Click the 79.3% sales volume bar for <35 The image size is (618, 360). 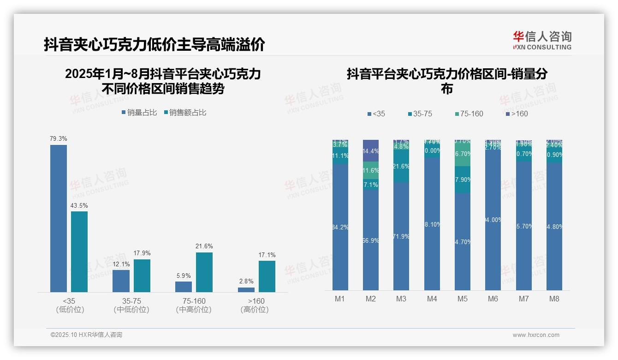[x=59, y=218]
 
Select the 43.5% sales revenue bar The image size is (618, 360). [x=79, y=252]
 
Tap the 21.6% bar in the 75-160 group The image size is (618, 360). [x=204, y=272]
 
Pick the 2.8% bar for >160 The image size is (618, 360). [x=246, y=289]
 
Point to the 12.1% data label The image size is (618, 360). [x=121, y=264]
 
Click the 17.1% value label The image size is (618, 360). [x=267, y=255]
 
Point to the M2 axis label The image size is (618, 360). [x=371, y=299]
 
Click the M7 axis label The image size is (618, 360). [x=523, y=299]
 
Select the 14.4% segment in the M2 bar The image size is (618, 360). [x=371, y=151]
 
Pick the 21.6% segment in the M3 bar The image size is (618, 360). [x=401, y=166]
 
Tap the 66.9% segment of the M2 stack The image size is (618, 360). [x=371, y=240]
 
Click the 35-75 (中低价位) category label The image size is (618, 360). [x=131, y=305]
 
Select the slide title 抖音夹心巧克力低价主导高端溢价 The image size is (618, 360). [x=154, y=45]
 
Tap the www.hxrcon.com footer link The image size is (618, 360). [x=536, y=335]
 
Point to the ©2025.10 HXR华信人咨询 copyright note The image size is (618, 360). [x=86, y=335]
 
